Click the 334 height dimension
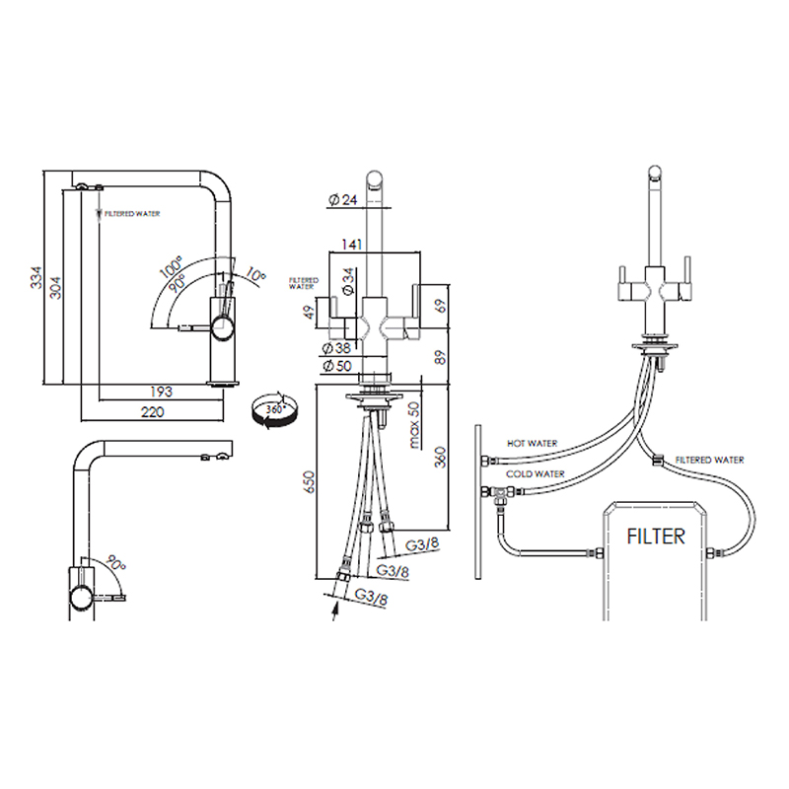[36, 277]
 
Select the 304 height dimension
[55, 287]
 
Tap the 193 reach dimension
[161, 391]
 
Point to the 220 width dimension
[153, 411]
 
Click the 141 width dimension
[352, 244]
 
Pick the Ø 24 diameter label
[342, 200]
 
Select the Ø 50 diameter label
[336, 365]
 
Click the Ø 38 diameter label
[335, 348]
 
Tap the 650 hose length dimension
[309, 481]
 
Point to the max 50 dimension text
[413, 425]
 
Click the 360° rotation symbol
[274, 411]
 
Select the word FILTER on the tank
[656, 537]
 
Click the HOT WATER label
[532, 443]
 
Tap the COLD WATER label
[536, 474]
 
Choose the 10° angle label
[255, 275]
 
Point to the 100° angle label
[172, 266]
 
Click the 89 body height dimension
[440, 357]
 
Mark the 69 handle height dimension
[440, 306]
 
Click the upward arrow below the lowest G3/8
[334, 612]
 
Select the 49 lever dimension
[310, 312]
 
